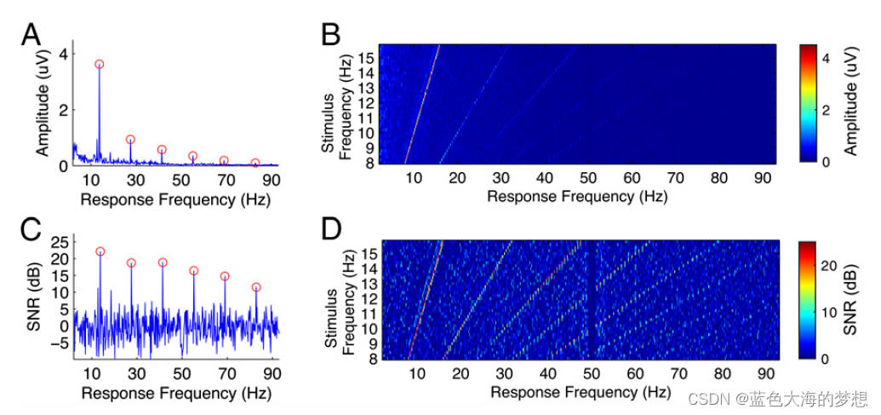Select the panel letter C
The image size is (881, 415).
[31, 231]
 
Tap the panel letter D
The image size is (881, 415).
[331, 231]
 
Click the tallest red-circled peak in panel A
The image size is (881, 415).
[100, 64]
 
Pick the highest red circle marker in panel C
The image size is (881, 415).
[100, 251]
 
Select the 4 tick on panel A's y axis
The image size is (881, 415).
[61, 54]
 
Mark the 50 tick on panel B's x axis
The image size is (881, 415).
[588, 177]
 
